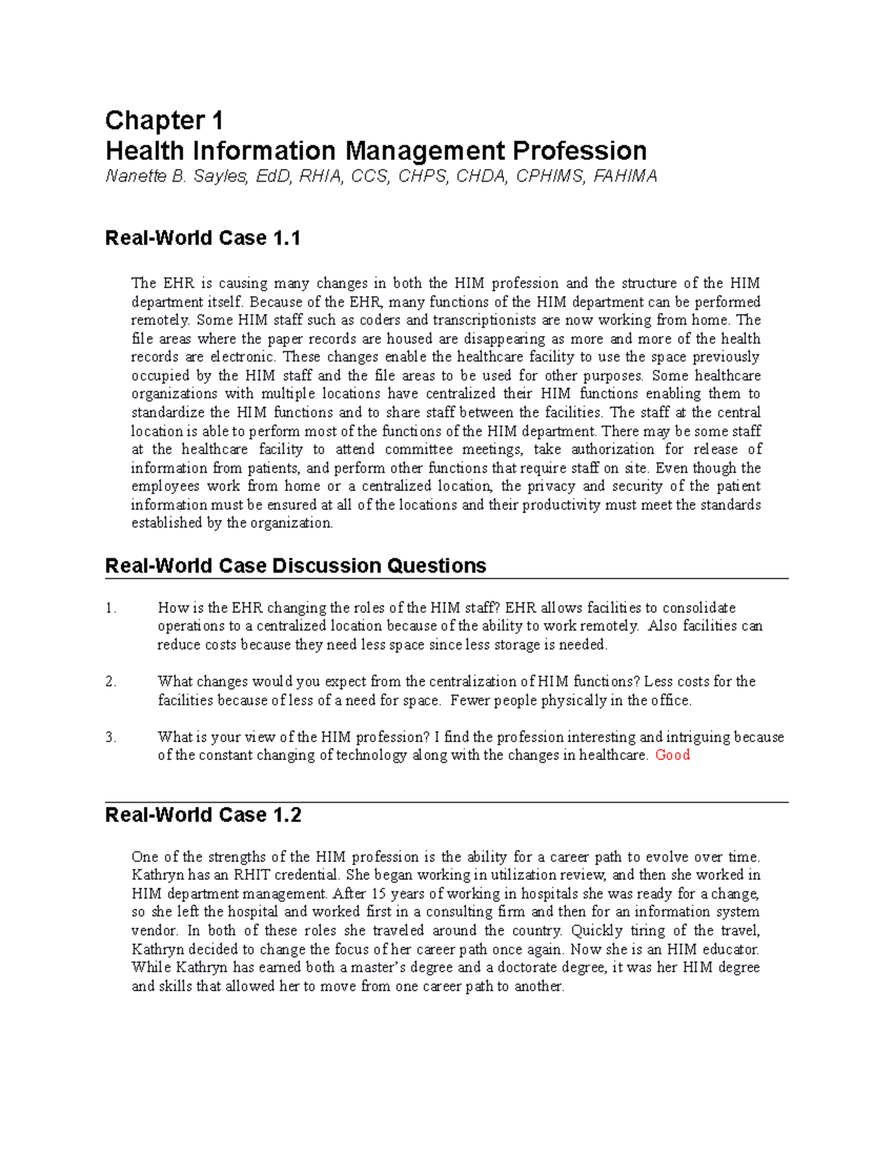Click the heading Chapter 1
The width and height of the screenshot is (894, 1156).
(x=164, y=121)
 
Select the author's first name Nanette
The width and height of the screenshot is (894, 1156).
(x=136, y=176)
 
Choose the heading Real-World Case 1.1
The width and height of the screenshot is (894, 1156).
(x=203, y=238)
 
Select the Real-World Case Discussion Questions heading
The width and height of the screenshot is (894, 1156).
(x=296, y=566)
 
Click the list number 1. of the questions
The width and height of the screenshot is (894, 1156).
(x=111, y=608)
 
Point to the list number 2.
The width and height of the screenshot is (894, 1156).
(x=111, y=682)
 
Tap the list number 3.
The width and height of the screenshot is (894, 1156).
(x=111, y=737)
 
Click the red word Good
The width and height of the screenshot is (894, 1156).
(x=672, y=755)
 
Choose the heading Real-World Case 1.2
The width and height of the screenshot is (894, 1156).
(x=203, y=815)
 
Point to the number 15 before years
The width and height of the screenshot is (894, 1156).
(x=378, y=893)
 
